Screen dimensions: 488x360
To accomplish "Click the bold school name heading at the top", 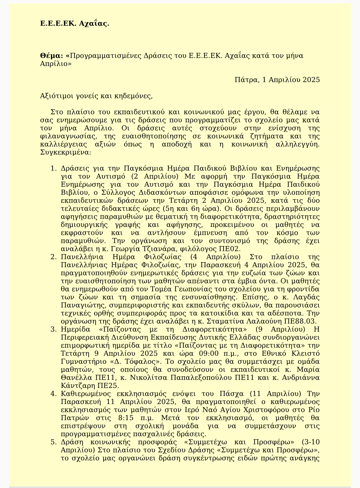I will pyautogui.click(x=75, y=24).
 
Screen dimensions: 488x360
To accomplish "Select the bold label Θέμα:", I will pyautogui.click(x=51, y=56).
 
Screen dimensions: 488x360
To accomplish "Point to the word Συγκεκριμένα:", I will pyautogui.click(x=65, y=152).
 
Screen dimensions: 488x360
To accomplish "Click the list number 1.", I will pyautogui.click(x=53, y=168).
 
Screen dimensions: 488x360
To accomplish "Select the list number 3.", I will pyautogui.click(x=53, y=329).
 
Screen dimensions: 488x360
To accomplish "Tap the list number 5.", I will pyautogui.click(x=53, y=442).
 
